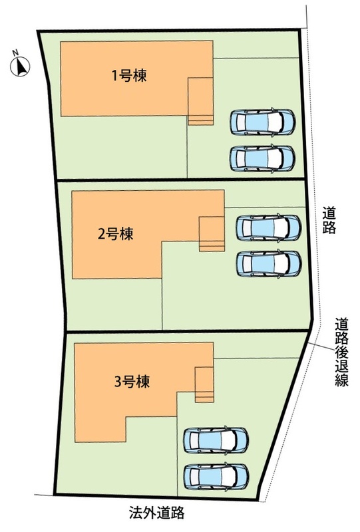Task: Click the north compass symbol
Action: (20, 66)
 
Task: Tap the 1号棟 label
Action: (129, 75)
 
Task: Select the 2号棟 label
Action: (116, 234)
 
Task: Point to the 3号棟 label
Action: (132, 382)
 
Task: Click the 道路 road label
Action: (329, 220)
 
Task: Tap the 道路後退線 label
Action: (341, 352)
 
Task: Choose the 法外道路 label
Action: (156, 512)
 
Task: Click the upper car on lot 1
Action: (263, 122)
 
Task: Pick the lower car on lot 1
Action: (263, 158)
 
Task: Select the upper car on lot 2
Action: (269, 227)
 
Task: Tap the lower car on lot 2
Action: (269, 264)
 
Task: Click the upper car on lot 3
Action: (216, 440)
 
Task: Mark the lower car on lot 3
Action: (216, 477)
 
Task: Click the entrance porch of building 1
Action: (201, 101)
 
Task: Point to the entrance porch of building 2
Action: (212, 234)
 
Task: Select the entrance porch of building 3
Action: (204, 384)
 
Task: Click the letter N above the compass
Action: (15, 53)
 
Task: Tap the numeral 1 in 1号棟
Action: (115, 76)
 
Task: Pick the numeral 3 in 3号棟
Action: (118, 382)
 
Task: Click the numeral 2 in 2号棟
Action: (101, 234)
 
